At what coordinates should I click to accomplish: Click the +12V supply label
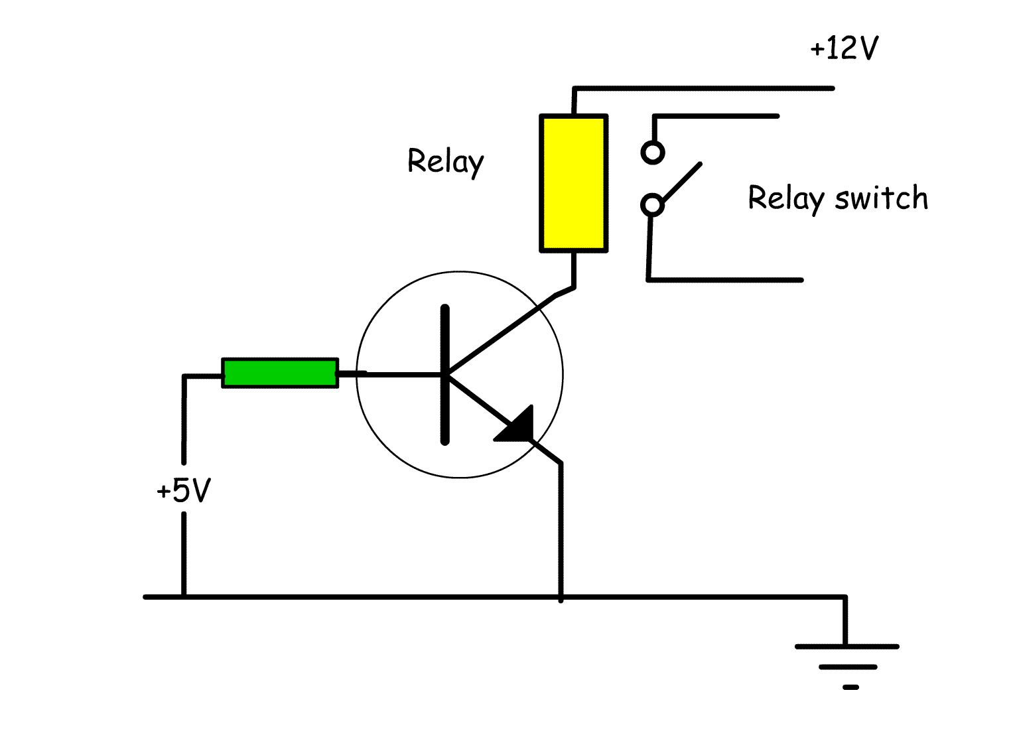(x=844, y=48)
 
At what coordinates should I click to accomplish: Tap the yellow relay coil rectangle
(x=574, y=183)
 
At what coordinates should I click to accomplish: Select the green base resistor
(x=280, y=373)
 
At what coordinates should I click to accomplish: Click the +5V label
(x=184, y=491)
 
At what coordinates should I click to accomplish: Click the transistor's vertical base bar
(x=444, y=374)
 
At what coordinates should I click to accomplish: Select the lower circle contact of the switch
(x=652, y=204)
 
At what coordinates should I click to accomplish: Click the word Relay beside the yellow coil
(x=445, y=161)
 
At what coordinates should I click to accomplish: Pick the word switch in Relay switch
(x=882, y=198)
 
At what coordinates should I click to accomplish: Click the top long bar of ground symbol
(x=846, y=646)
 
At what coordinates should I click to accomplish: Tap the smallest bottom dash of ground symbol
(x=850, y=687)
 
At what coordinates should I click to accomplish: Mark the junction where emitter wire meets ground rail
(x=561, y=597)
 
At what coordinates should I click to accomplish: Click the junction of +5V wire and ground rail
(x=184, y=597)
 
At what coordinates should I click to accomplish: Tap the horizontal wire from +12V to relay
(x=703, y=88)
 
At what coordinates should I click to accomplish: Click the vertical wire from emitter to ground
(x=561, y=531)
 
